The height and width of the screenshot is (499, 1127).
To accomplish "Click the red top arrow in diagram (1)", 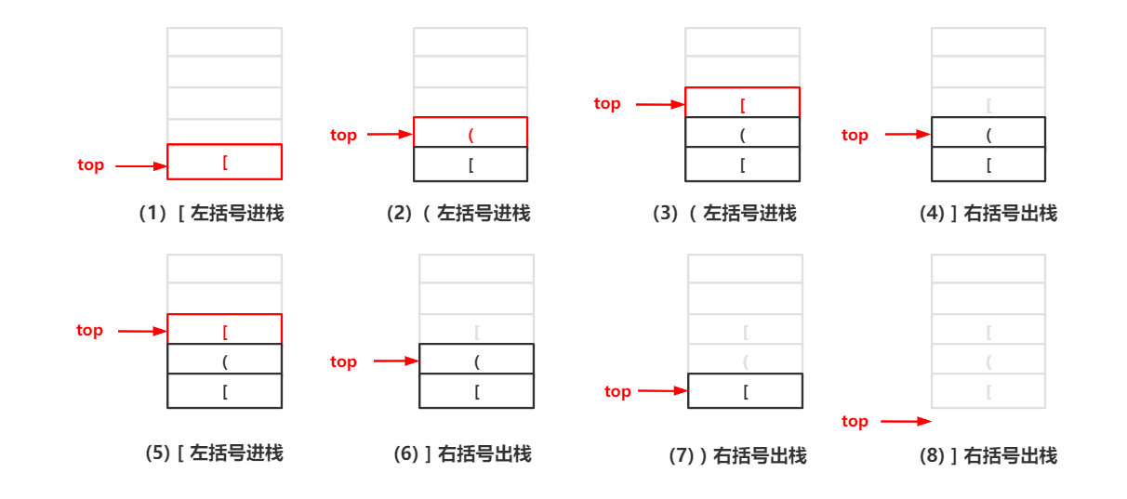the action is pyautogui.click(x=139, y=166).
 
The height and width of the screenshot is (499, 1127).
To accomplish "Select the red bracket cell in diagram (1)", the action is pyautogui.click(x=224, y=162).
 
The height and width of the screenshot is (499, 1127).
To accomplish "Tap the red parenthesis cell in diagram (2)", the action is pyautogui.click(x=471, y=133).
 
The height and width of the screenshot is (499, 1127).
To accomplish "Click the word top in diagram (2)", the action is pyautogui.click(x=343, y=136).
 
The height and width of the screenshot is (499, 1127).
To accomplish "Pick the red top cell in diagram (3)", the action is pyautogui.click(x=742, y=103).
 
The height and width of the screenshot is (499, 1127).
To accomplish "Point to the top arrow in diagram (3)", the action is pyautogui.click(x=660, y=105).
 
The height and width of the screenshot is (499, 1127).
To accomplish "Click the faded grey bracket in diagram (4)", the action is pyautogui.click(x=988, y=104).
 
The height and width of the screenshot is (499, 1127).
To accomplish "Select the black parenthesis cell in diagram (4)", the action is pyautogui.click(x=988, y=134).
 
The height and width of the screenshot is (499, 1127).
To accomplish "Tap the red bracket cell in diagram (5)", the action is pyautogui.click(x=224, y=330).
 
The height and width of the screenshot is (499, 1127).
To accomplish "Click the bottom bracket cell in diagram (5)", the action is pyautogui.click(x=224, y=391).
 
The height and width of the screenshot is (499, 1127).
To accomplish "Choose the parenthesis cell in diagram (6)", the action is pyautogui.click(x=476, y=360).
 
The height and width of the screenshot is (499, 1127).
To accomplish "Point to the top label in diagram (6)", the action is pyautogui.click(x=343, y=362).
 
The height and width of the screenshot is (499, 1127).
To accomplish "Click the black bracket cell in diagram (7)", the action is pyautogui.click(x=745, y=391).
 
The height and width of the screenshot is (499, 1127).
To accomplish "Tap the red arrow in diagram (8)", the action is pyautogui.click(x=905, y=422).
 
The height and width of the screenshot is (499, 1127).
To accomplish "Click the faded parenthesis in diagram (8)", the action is pyautogui.click(x=988, y=361).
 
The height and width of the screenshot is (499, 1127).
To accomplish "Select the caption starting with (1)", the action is pyautogui.click(x=210, y=214).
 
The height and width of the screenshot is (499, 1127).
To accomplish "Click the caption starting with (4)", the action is pyautogui.click(x=988, y=214).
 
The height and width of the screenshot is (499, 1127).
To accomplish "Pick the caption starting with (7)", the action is pyautogui.click(x=737, y=455).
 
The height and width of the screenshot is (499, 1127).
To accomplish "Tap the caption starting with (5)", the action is pyautogui.click(x=214, y=453).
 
